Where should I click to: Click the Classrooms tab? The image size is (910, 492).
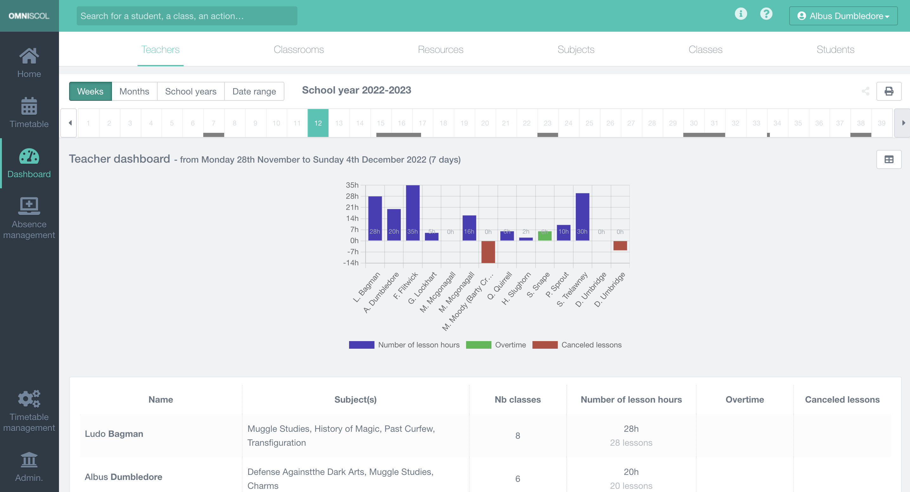click(x=298, y=49)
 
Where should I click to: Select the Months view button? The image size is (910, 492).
click(x=134, y=92)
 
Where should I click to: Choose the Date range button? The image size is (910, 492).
click(x=254, y=92)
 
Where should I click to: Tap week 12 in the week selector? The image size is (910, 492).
click(x=318, y=123)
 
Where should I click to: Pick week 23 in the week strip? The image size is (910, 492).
click(x=547, y=123)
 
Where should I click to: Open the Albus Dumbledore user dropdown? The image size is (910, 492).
click(x=843, y=16)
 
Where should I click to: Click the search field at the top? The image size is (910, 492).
click(x=187, y=16)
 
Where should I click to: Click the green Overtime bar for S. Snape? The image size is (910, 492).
click(x=544, y=236)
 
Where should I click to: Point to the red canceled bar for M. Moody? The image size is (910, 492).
click(x=488, y=252)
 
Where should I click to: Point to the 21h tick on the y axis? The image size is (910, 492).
click(x=352, y=207)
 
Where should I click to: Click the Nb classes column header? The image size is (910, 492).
click(x=517, y=399)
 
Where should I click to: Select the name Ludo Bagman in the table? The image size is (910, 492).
click(x=114, y=434)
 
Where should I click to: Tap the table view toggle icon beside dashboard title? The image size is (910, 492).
click(x=889, y=160)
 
